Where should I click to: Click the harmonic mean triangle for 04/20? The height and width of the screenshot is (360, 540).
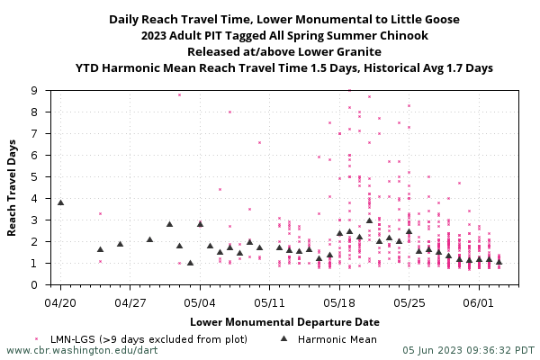click(60, 202)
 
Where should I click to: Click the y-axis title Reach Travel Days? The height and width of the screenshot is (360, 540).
click(13, 187)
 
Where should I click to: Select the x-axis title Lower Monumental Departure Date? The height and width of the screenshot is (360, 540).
click(284, 321)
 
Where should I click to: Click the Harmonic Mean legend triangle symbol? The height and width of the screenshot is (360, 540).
click(283, 338)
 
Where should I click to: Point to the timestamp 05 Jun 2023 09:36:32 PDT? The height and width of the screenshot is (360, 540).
click(469, 350)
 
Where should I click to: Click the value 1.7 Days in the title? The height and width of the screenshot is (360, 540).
click(468, 67)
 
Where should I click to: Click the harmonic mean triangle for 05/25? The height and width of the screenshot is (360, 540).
click(409, 231)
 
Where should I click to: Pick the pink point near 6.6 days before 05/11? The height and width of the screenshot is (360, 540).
click(259, 142)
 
